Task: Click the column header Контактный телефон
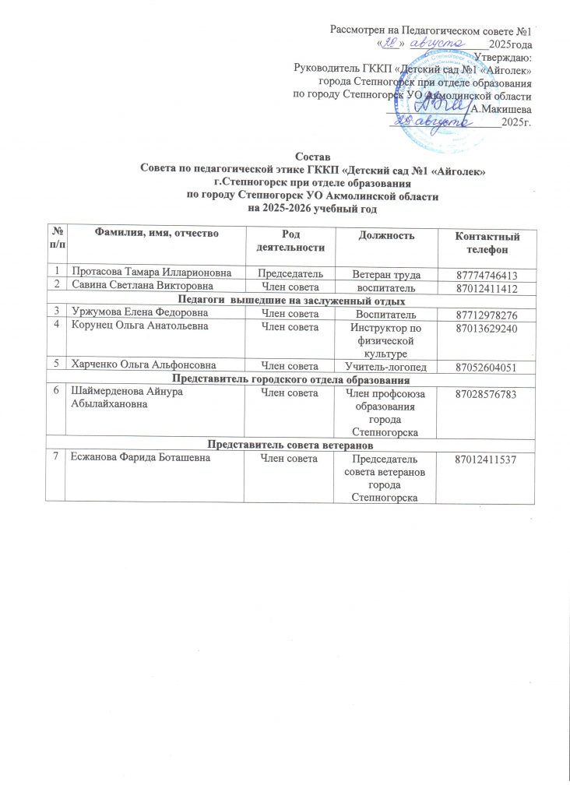pyautogui.click(x=486, y=243)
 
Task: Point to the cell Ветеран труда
pyautogui.click(x=383, y=276)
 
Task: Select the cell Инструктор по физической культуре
pyautogui.click(x=383, y=340)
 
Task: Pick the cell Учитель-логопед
pyautogui.click(x=383, y=367)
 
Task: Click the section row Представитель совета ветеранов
pyautogui.click(x=289, y=445)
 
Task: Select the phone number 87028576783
pyautogui.click(x=486, y=396)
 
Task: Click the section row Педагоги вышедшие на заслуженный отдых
pyautogui.click(x=289, y=301)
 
